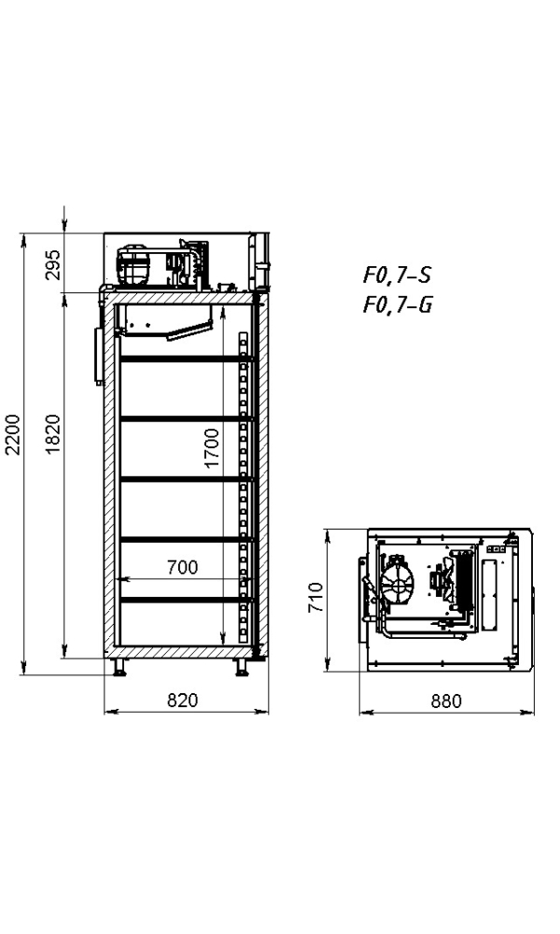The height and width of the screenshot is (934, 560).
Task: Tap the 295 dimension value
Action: [53, 264]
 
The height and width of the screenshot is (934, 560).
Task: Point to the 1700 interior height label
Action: [212, 447]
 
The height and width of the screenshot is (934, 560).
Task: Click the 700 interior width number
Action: [181, 567]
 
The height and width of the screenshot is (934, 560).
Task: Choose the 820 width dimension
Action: [184, 700]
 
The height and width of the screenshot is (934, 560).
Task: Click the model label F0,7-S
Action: [397, 276]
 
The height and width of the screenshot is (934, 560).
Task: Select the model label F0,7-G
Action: [397, 304]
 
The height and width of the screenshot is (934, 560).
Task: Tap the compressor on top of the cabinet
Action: [133, 265]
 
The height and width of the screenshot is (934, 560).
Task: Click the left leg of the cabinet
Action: [120, 667]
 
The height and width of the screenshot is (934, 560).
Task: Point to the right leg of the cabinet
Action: [242, 667]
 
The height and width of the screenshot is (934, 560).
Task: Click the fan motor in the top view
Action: [439, 581]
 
